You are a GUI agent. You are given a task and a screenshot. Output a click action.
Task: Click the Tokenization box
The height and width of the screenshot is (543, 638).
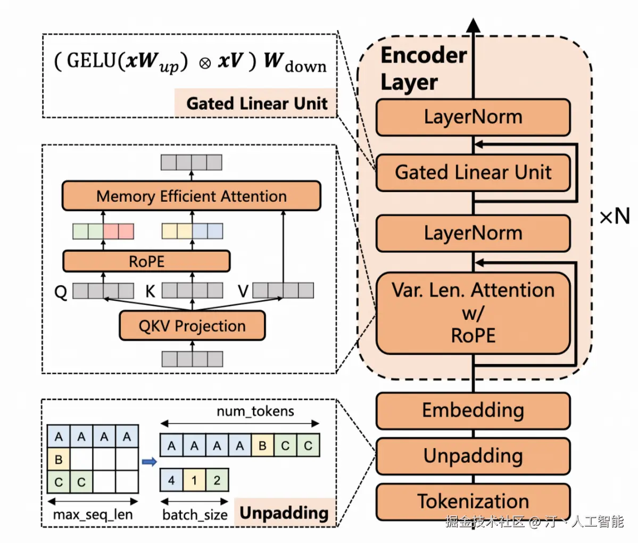(x=473, y=501)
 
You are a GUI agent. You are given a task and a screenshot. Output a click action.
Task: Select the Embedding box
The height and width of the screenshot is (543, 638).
(x=473, y=410)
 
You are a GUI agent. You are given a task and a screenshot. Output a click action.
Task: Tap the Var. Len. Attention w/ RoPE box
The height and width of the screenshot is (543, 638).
(x=473, y=313)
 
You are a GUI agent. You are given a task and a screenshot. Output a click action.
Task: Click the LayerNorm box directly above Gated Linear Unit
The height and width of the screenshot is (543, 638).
(x=473, y=117)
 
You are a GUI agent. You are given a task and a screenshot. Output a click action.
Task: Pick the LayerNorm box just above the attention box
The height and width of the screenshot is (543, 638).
(x=473, y=233)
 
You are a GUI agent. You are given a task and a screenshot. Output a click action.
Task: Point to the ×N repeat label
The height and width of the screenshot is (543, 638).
(x=615, y=217)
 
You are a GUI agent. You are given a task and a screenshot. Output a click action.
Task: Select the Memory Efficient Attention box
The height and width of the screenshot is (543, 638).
(x=191, y=196)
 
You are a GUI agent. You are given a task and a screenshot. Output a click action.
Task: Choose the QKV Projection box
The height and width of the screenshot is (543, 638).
(x=192, y=326)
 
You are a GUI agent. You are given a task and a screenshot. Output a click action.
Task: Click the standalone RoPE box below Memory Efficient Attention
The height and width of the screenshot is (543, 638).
(x=146, y=261)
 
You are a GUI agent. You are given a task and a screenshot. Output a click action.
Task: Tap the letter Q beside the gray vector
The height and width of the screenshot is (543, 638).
(x=61, y=292)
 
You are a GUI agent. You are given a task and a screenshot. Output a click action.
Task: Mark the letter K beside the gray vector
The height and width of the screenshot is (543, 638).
(x=151, y=292)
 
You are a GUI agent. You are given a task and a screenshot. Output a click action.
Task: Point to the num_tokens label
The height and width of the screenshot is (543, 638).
(x=255, y=411)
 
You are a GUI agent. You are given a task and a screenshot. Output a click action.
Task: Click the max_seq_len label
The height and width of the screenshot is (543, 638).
(x=93, y=515)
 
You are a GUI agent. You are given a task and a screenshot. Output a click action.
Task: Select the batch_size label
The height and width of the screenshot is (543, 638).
(x=195, y=515)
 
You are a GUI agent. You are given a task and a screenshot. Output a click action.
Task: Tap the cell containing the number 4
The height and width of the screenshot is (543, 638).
(x=171, y=480)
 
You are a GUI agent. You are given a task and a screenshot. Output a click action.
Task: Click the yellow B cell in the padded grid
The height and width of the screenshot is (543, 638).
(x=59, y=459)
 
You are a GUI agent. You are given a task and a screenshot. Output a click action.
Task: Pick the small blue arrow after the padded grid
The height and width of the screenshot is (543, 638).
(x=150, y=462)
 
